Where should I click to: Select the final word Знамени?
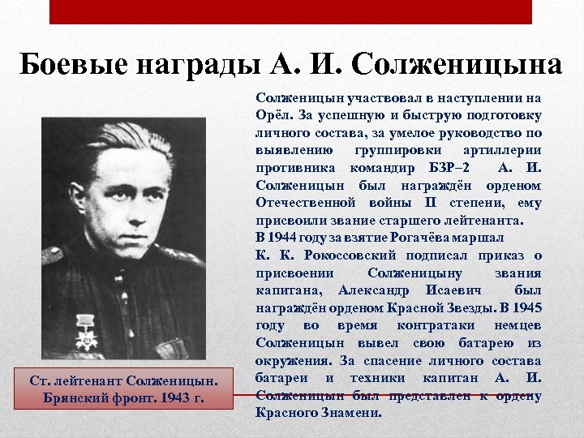(350, 413)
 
